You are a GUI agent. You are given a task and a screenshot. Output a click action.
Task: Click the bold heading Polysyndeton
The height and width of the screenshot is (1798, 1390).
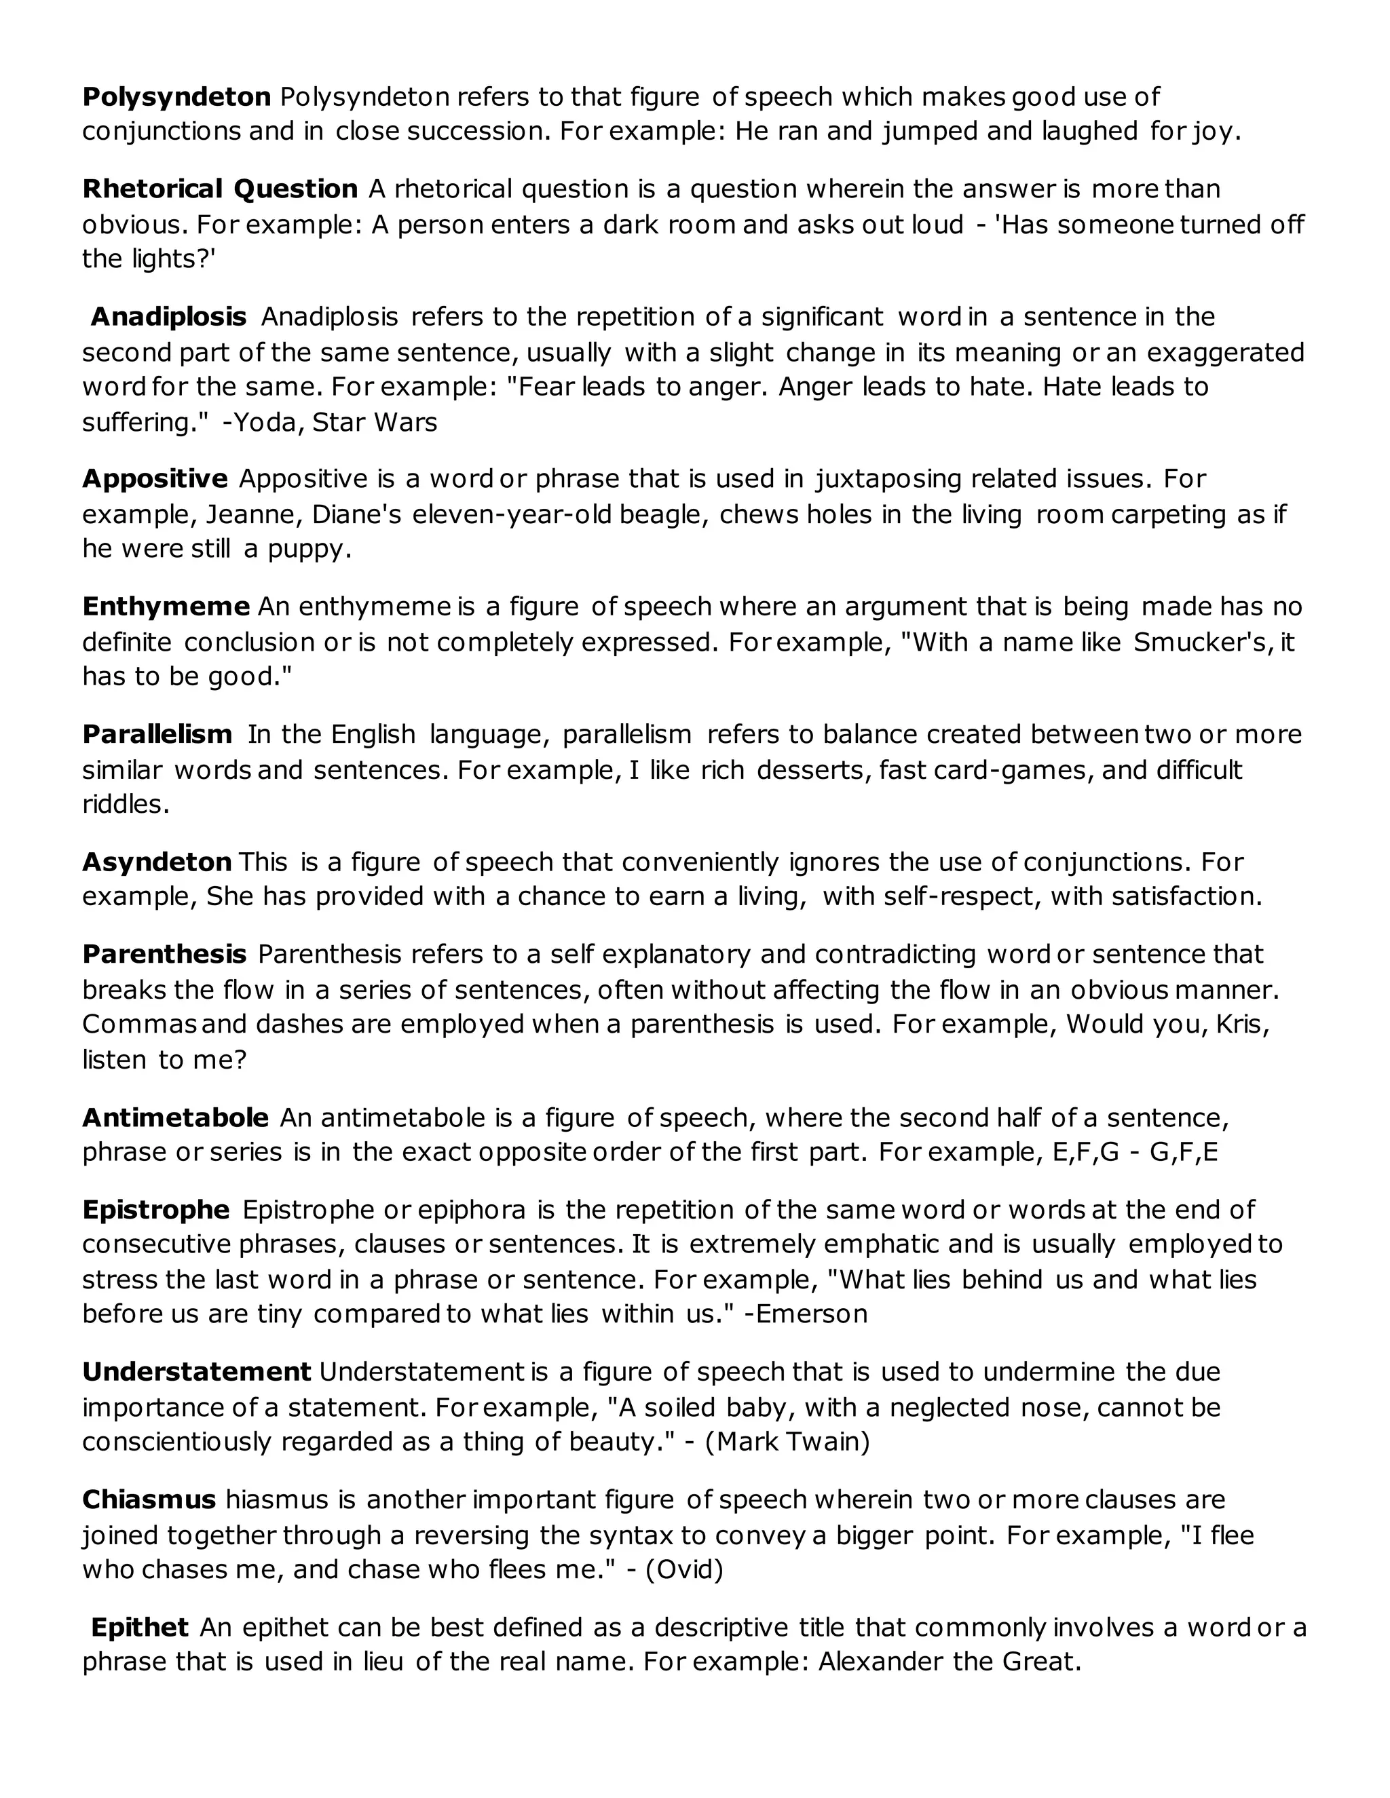pyautogui.click(x=176, y=97)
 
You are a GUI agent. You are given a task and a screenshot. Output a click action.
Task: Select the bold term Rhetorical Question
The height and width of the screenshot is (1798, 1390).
pyautogui.click(x=220, y=189)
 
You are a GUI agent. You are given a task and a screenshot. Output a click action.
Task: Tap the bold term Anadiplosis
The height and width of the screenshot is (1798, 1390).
pyautogui.click(x=168, y=317)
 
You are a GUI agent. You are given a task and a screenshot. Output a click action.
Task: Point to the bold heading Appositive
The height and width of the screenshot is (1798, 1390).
pyautogui.click(x=155, y=478)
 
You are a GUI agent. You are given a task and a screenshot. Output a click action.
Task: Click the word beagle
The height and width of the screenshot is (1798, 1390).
pyautogui.click(x=664, y=514)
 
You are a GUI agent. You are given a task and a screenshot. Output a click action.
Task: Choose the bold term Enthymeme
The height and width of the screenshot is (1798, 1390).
pyautogui.click(x=166, y=607)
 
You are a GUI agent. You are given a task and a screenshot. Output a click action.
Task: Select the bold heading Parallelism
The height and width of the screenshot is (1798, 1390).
pyautogui.click(x=157, y=734)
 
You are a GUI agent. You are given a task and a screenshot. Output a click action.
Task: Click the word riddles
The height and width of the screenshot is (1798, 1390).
pyautogui.click(x=125, y=804)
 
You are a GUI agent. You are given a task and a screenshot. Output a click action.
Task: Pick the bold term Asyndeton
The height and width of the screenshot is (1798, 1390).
pyautogui.click(x=157, y=862)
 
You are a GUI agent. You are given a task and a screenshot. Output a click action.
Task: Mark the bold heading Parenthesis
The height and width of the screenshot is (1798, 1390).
pyautogui.click(x=164, y=954)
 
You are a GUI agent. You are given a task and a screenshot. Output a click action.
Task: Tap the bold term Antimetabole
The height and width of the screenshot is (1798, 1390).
pyautogui.click(x=175, y=1118)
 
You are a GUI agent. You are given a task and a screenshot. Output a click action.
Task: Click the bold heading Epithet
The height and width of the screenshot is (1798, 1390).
pyautogui.click(x=140, y=1628)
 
